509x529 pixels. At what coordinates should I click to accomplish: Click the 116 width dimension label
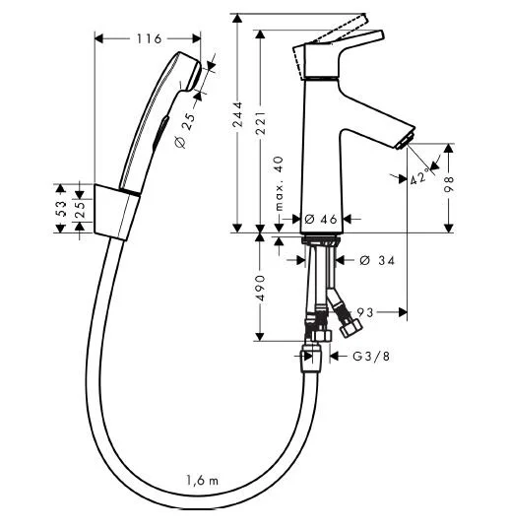pos(150,38)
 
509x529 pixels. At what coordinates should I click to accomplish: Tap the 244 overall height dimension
pos(238,114)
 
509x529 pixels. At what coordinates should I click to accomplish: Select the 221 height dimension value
pos(261,122)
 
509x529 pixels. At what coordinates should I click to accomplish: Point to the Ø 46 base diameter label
pos(321,220)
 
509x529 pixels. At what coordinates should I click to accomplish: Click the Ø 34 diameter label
pos(377,260)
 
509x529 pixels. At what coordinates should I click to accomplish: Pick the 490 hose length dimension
pos(260,288)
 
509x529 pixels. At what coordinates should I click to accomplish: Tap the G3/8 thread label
pos(371,356)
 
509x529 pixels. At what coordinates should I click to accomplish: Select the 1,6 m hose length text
pos(202,480)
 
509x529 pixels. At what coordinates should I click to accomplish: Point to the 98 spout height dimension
pos(449,184)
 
